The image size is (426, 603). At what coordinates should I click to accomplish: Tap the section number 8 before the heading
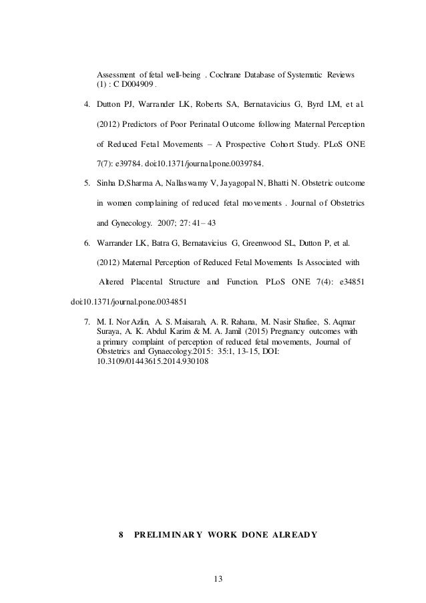[120, 535]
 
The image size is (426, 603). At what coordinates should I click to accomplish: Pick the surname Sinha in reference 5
[109, 183]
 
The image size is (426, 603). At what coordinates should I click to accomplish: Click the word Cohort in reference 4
[284, 144]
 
